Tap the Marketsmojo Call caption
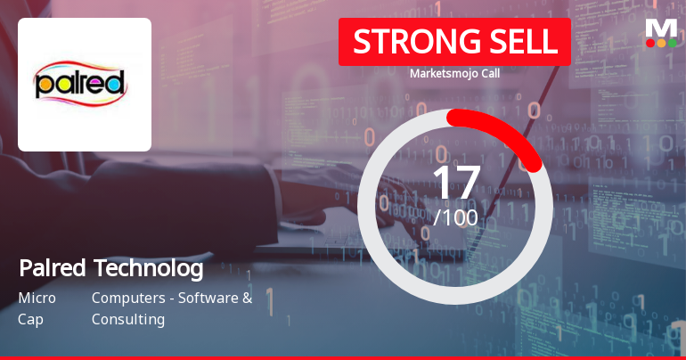point(454,74)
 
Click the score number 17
point(455,183)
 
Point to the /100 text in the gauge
point(455,217)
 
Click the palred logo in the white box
point(84,84)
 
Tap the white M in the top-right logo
point(661,27)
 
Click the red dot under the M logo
point(650,43)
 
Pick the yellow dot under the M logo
point(661,43)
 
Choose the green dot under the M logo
point(672,43)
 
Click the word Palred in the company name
point(50,267)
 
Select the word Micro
point(37,298)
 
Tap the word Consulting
point(127,319)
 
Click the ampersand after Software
point(247,298)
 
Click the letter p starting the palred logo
point(44,86)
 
